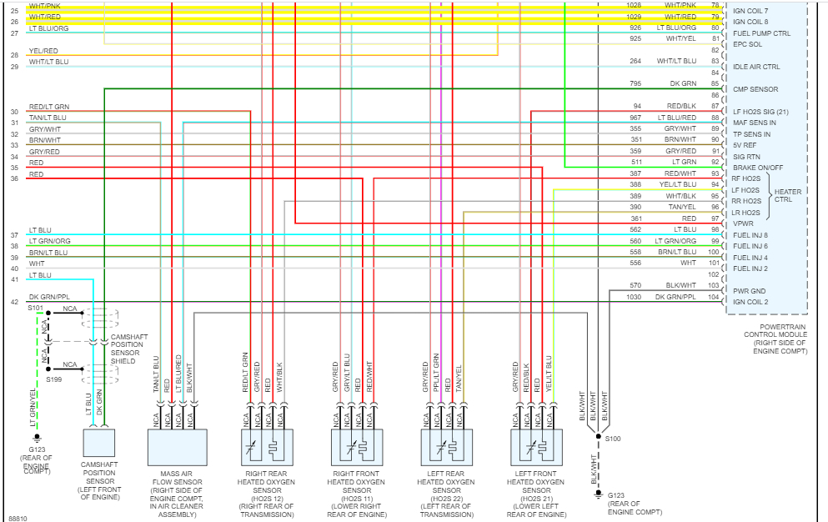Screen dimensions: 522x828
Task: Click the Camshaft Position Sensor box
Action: point(98,447)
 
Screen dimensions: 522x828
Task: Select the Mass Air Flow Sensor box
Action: point(176,447)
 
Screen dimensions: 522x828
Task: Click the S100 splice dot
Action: point(598,436)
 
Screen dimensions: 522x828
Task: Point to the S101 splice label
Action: point(34,308)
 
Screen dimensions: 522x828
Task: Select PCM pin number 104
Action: point(713,297)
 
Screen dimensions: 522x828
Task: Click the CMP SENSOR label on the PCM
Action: point(755,89)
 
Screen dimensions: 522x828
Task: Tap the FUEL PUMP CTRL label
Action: point(761,33)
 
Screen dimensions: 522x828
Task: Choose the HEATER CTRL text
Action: point(788,196)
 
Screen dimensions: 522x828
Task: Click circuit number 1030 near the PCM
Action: point(635,297)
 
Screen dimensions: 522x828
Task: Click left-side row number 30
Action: point(14,112)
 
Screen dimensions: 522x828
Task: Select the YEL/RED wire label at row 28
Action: point(43,51)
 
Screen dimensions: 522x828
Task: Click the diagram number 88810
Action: point(18,516)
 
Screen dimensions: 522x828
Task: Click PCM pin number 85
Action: point(715,83)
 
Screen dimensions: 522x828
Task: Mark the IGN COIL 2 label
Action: point(751,302)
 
